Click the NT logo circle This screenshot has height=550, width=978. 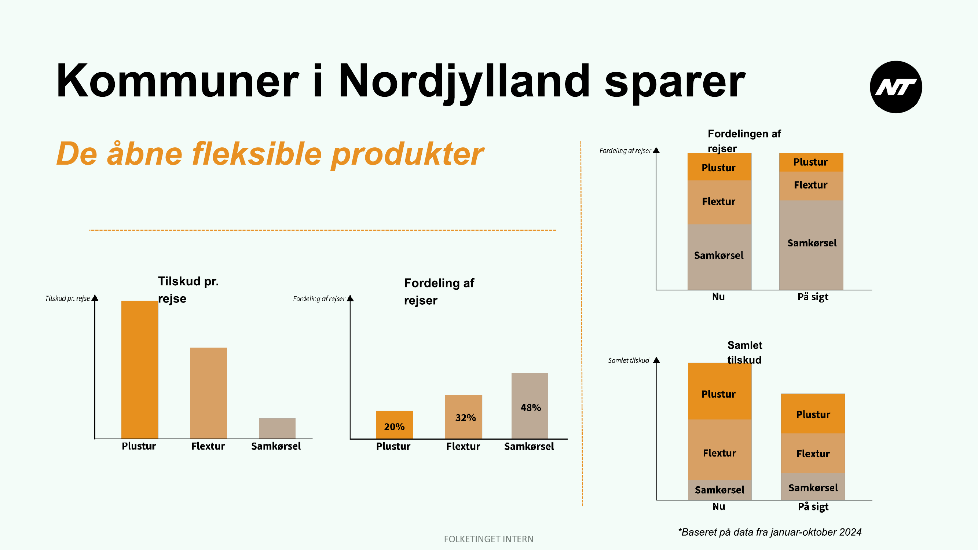(895, 87)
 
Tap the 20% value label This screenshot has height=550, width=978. (394, 427)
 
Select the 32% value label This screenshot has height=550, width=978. (465, 418)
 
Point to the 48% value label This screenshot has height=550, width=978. (530, 408)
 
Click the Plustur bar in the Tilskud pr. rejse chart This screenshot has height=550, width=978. (139, 370)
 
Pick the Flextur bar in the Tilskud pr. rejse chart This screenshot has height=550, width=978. (208, 393)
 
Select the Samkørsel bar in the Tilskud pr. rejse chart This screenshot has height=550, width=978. (277, 429)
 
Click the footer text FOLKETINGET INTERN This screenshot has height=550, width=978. (488, 539)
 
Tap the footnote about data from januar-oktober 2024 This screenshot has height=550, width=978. (770, 532)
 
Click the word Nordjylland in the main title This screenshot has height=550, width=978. (464, 82)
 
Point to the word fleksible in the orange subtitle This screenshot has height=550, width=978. (257, 154)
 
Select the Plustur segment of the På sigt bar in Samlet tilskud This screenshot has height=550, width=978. (813, 413)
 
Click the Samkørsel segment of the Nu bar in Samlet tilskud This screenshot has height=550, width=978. (719, 490)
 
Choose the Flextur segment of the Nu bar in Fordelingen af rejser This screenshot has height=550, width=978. (719, 202)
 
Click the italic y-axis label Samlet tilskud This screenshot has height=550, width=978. (628, 360)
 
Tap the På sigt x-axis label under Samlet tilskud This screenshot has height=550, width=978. (813, 507)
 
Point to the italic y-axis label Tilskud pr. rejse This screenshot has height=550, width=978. (67, 298)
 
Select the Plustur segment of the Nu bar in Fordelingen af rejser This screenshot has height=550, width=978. (719, 166)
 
